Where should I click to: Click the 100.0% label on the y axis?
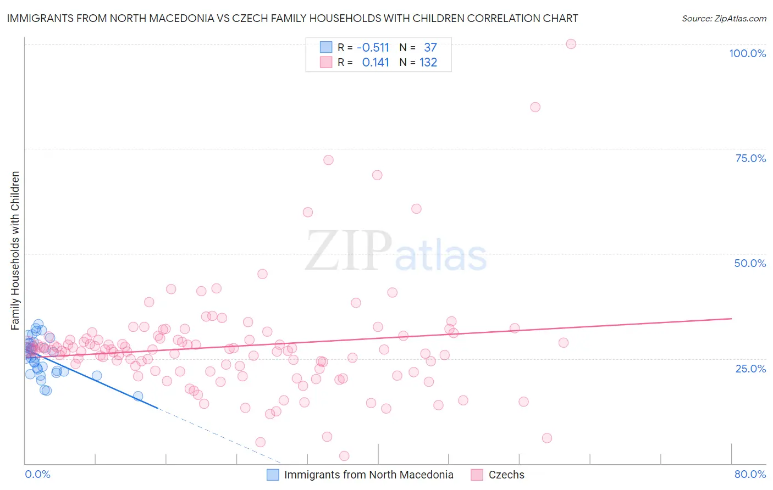click(747, 53)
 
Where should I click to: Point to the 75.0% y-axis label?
click(750, 158)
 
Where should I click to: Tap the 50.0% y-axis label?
click(750, 263)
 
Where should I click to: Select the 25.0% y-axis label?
click(750, 369)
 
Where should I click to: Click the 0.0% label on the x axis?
click(37, 474)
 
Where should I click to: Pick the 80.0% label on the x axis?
click(750, 474)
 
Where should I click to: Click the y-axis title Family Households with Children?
click(15, 250)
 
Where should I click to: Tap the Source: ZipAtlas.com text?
click(724, 18)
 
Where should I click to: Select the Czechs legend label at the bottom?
click(506, 475)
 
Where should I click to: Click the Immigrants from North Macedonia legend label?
click(368, 475)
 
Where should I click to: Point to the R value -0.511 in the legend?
click(373, 48)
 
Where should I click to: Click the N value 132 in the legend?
click(428, 63)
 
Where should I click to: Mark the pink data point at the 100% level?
click(571, 44)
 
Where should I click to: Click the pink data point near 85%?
click(535, 107)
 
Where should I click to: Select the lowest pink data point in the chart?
click(344, 456)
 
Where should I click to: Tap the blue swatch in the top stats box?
click(326, 48)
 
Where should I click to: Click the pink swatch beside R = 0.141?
click(326, 63)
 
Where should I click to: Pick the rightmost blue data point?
click(138, 396)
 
